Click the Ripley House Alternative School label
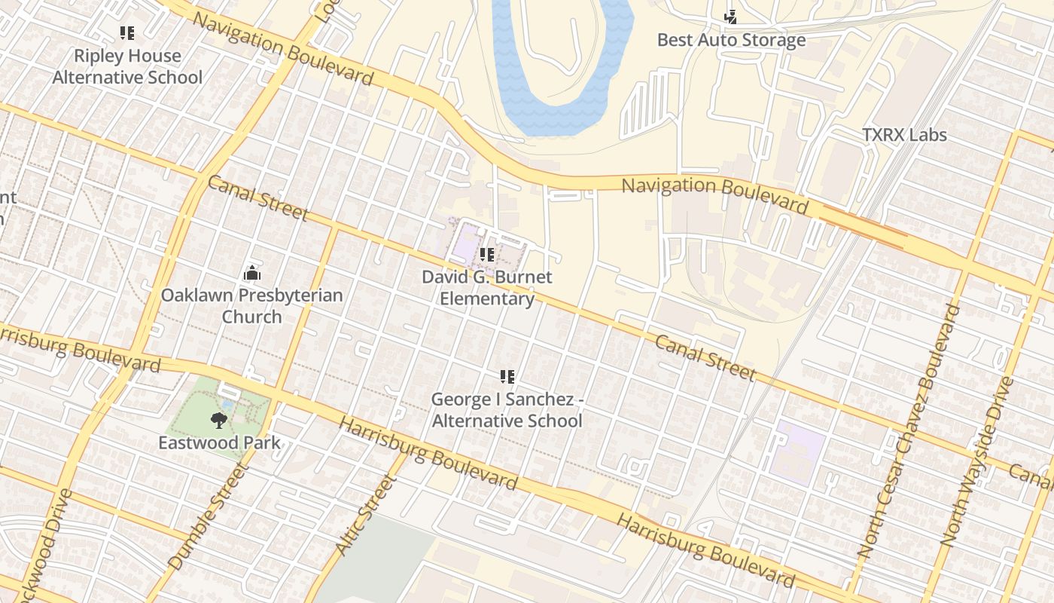click(x=127, y=66)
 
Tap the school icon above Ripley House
click(x=127, y=33)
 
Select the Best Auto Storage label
click(x=731, y=40)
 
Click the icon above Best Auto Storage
click(x=730, y=16)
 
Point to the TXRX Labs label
click(x=904, y=135)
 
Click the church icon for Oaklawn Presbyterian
click(x=251, y=273)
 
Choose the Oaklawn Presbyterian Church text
click(x=251, y=305)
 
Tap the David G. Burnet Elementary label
click(x=486, y=287)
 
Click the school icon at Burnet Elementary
click(x=486, y=255)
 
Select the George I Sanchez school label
click(x=507, y=409)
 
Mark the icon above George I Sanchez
click(x=507, y=376)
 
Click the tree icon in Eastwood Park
click(x=218, y=419)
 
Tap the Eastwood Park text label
click(x=218, y=442)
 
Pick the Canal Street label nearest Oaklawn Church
click(x=257, y=198)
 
